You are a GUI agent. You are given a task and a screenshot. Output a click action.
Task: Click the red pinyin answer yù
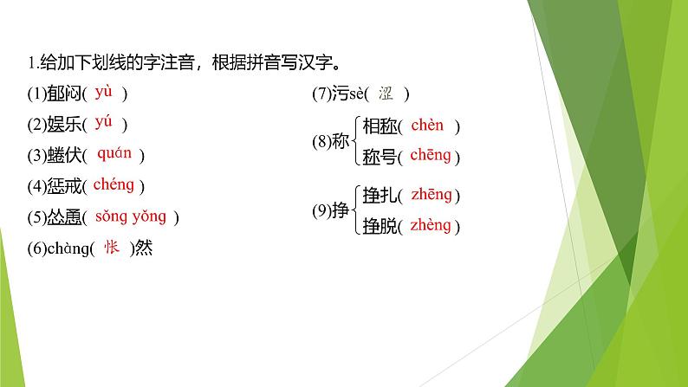(x=104, y=91)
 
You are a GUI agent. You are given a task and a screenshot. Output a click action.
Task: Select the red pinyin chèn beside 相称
(x=427, y=126)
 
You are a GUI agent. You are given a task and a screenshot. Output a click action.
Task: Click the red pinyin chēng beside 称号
(x=431, y=156)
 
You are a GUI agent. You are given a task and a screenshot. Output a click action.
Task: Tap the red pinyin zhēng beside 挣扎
(x=432, y=195)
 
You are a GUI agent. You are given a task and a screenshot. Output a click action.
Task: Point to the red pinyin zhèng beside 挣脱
(x=431, y=225)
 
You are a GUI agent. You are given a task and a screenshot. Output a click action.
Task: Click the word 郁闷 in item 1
(x=61, y=94)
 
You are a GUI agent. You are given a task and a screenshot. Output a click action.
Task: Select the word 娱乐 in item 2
(x=61, y=125)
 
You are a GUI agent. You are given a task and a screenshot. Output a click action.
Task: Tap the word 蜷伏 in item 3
(x=61, y=156)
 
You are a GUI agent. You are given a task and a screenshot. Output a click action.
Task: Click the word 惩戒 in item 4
(x=61, y=186)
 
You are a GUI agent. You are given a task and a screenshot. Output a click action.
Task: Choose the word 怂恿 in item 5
(x=61, y=217)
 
